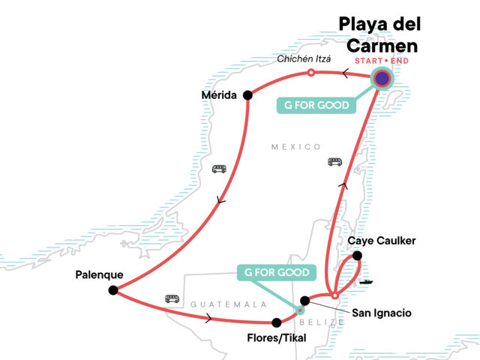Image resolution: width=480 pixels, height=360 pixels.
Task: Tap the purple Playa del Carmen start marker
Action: (x=382, y=77)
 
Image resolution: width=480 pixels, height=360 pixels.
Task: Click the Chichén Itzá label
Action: (x=304, y=58)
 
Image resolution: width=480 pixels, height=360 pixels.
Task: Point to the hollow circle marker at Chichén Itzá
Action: (x=310, y=73)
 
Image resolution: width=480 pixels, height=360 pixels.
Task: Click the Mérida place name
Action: (x=219, y=95)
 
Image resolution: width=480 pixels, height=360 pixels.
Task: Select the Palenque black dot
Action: (x=112, y=290)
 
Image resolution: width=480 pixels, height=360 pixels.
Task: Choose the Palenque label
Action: (x=99, y=274)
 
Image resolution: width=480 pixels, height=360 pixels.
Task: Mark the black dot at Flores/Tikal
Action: (x=277, y=322)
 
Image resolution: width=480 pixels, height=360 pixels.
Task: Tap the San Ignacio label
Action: (x=382, y=311)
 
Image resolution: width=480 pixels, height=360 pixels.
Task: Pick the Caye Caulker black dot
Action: (x=357, y=256)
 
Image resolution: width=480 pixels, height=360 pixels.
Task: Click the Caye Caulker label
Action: (x=382, y=241)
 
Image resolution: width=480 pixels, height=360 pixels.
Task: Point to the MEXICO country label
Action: (x=295, y=147)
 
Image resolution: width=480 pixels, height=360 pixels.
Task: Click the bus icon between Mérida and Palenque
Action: (x=220, y=169)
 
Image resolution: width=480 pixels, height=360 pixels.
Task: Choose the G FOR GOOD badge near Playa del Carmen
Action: (x=316, y=105)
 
